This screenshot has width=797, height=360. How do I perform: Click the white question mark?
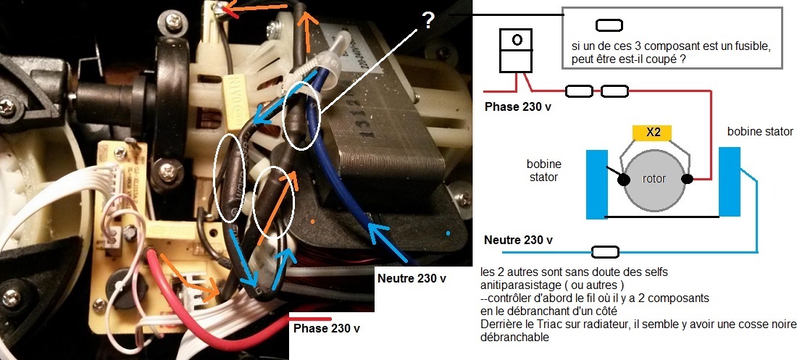tap(428, 21)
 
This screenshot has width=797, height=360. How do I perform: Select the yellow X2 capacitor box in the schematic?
tap(652, 132)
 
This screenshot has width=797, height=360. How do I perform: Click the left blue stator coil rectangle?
tap(596, 184)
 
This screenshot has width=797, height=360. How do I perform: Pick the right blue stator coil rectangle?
tap(730, 181)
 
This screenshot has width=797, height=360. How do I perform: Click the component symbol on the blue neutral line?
tap(606, 252)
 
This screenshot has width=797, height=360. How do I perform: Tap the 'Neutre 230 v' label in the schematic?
tap(518, 240)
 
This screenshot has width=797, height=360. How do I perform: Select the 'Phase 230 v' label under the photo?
tap(326, 328)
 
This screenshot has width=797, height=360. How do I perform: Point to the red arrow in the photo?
tap(237, 10)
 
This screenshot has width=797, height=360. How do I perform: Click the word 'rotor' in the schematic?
tap(654, 180)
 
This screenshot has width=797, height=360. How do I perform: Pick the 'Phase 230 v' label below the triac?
tap(519, 105)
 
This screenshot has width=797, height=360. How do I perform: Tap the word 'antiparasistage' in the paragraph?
tap(517, 285)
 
